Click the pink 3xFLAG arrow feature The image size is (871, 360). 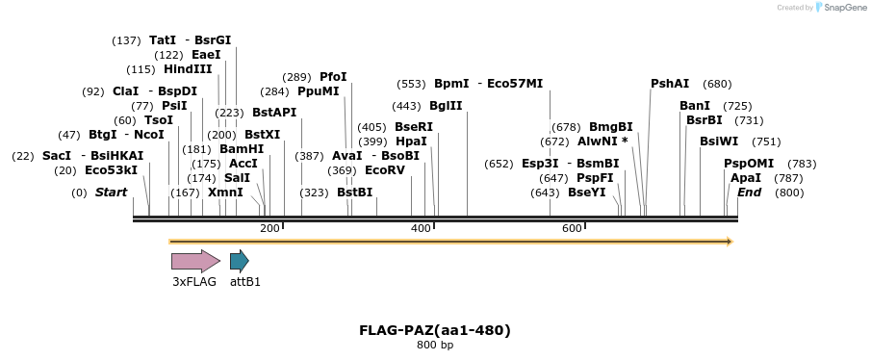[x=195, y=260]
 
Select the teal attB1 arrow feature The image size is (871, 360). [x=239, y=260]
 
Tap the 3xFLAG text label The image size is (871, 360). [x=194, y=282]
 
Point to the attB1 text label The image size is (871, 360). [x=245, y=282]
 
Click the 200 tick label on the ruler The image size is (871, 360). [x=269, y=228]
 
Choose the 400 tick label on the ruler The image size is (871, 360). [x=421, y=228]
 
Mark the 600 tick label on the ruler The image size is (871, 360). [x=572, y=228]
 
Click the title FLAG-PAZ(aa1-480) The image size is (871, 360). [x=435, y=330]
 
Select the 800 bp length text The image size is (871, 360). [x=435, y=345]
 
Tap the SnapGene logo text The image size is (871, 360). [x=843, y=8]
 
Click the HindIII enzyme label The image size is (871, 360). [x=188, y=69]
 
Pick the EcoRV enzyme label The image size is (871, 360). [x=385, y=170]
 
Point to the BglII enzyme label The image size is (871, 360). [x=446, y=106]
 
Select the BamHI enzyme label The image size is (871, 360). [x=242, y=149]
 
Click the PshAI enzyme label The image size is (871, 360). [x=670, y=84]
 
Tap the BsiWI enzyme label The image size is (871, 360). [x=718, y=141]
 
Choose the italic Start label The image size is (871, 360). [x=111, y=193]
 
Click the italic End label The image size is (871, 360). [x=749, y=193]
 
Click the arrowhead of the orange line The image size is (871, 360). [x=730, y=241]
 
